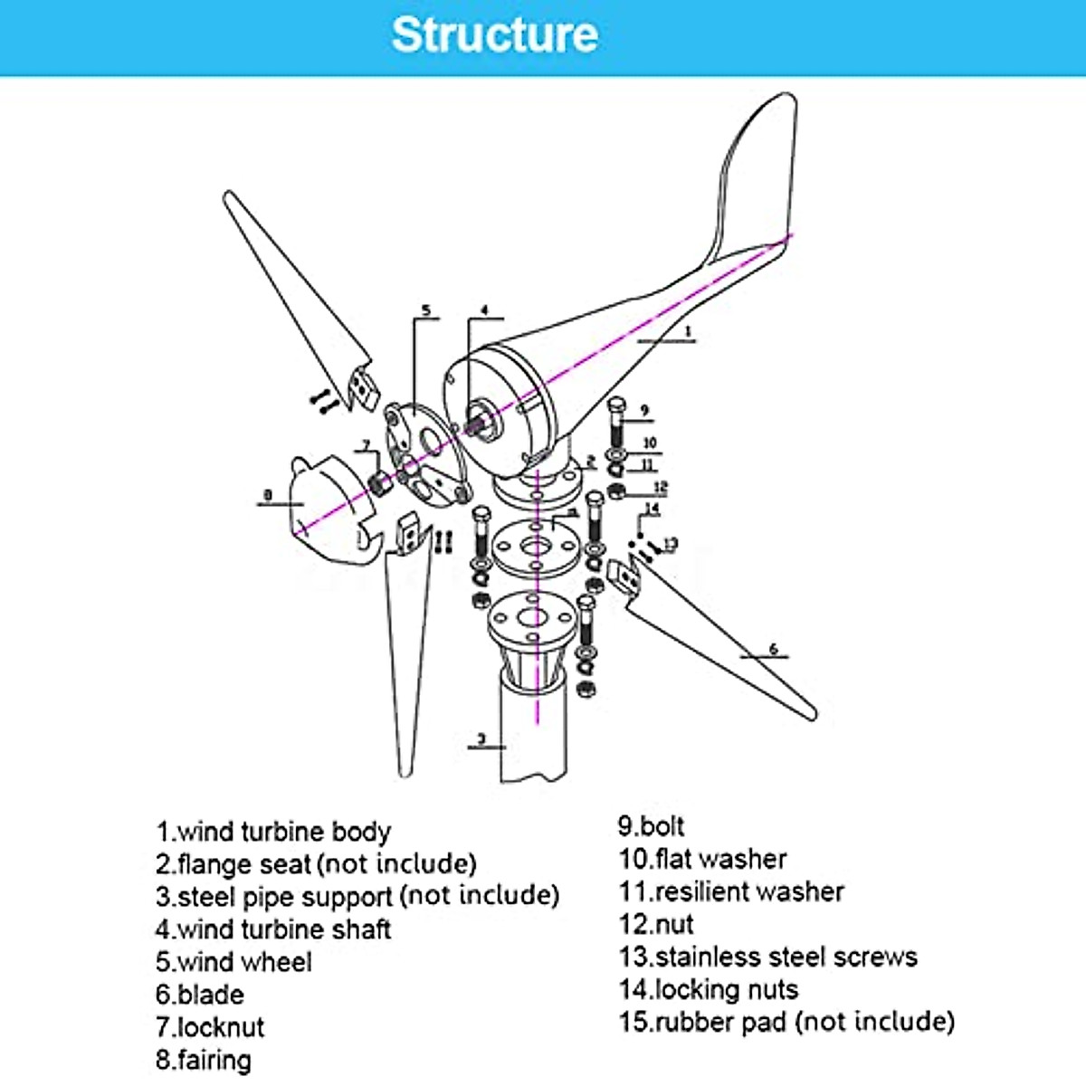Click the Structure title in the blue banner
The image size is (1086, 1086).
(x=495, y=34)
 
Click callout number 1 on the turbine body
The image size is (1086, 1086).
(x=688, y=332)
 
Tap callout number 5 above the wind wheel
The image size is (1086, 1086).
(x=426, y=310)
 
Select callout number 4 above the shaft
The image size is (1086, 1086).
(x=484, y=310)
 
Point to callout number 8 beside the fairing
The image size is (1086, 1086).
(x=267, y=495)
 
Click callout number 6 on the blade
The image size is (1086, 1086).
(x=773, y=649)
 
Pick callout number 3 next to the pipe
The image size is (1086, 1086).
(x=481, y=739)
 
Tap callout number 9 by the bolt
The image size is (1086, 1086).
(x=644, y=411)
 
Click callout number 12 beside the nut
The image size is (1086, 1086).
(x=660, y=488)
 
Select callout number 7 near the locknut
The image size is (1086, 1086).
(x=367, y=445)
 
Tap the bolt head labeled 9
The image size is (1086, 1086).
(x=617, y=405)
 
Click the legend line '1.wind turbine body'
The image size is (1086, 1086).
(x=273, y=831)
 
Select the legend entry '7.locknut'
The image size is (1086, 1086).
(x=210, y=1027)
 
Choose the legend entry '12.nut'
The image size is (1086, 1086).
(x=656, y=924)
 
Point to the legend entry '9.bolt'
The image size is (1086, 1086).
(x=651, y=825)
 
